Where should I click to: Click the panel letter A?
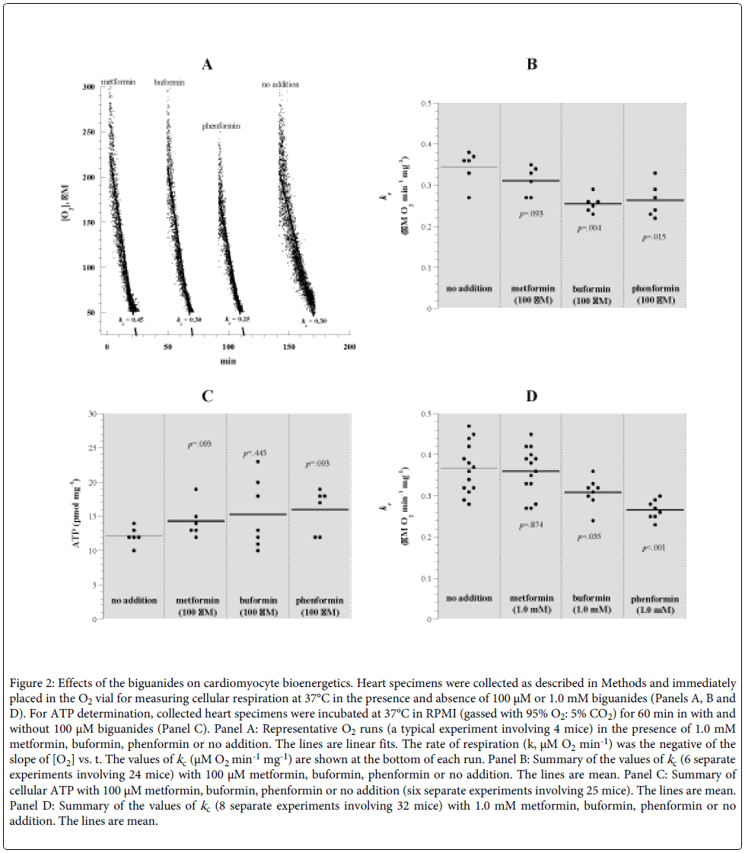[x=206, y=65]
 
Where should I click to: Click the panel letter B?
[x=533, y=65]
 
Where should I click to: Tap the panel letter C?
[x=206, y=396]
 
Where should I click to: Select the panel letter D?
[x=533, y=396]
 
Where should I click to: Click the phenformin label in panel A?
[x=221, y=126]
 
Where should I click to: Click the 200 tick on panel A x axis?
[x=349, y=347]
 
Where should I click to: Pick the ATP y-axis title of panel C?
[x=77, y=516]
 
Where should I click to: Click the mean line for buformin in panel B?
[x=592, y=204]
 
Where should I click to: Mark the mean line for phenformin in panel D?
[x=653, y=510]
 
